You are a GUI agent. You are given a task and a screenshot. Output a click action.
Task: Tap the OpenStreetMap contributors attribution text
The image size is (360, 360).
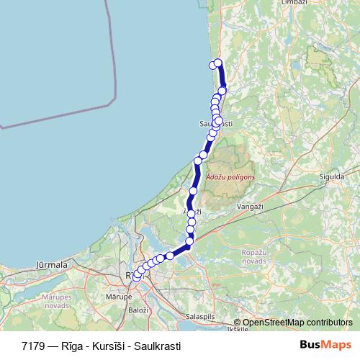297,323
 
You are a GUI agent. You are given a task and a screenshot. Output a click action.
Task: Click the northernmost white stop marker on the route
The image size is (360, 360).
218,63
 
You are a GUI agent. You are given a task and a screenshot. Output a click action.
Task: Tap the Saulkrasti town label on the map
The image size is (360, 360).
216,124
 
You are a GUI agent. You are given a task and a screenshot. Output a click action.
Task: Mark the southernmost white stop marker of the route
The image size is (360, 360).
136,278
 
